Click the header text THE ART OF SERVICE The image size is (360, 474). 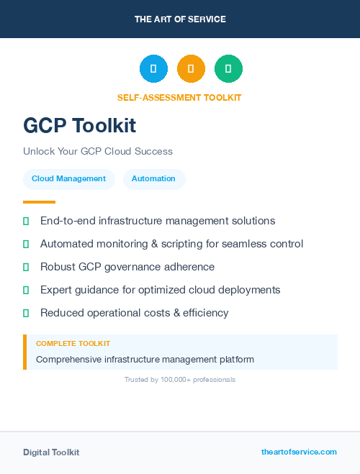(180, 19)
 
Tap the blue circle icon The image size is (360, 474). (153, 69)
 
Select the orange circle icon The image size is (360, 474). (191, 69)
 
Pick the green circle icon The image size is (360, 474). (228, 69)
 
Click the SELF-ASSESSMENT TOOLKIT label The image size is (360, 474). (179, 97)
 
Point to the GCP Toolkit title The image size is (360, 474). (79, 125)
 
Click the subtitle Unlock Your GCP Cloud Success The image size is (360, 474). (98, 151)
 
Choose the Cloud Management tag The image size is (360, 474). (68, 178)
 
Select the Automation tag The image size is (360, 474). (153, 178)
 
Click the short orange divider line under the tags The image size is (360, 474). (39, 202)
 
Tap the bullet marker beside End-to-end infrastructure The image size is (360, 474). (26, 221)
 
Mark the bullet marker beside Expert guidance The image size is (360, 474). (26, 290)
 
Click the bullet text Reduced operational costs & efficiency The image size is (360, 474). (134, 313)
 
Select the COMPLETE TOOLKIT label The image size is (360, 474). (73, 344)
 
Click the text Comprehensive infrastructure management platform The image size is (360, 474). (145, 359)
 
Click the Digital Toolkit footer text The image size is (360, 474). (51, 452)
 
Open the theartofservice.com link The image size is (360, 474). (299, 452)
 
